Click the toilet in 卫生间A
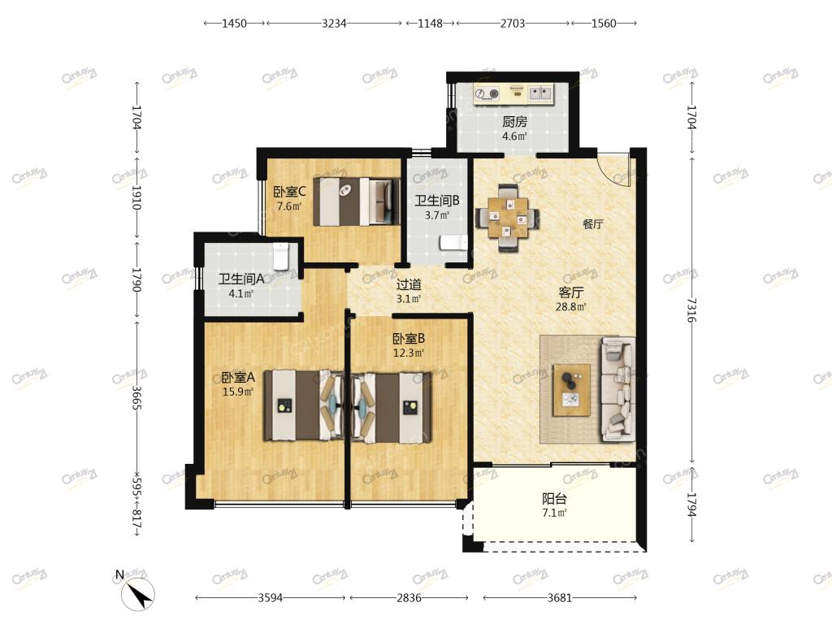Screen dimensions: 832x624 [x=280, y=256]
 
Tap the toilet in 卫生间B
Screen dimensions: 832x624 [x=453, y=242]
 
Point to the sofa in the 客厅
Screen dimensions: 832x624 [x=617, y=389]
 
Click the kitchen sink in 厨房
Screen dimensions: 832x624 [x=540, y=94]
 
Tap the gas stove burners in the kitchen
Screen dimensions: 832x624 [x=487, y=94]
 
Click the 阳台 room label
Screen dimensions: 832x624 [x=554, y=499]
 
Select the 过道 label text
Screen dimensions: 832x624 [x=409, y=285]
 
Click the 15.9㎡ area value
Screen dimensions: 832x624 [x=238, y=392]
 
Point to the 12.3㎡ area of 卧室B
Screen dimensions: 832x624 [x=408, y=353]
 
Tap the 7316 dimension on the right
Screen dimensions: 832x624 [x=691, y=310]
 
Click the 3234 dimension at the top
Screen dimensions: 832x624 [x=334, y=24]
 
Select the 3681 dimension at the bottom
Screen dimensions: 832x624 [x=560, y=598]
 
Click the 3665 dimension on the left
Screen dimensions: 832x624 [x=136, y=396]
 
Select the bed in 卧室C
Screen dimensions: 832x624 [x=357, y=201]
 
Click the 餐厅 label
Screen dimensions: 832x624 [x=592, y=224]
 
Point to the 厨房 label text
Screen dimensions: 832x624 [x=514, y=122]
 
